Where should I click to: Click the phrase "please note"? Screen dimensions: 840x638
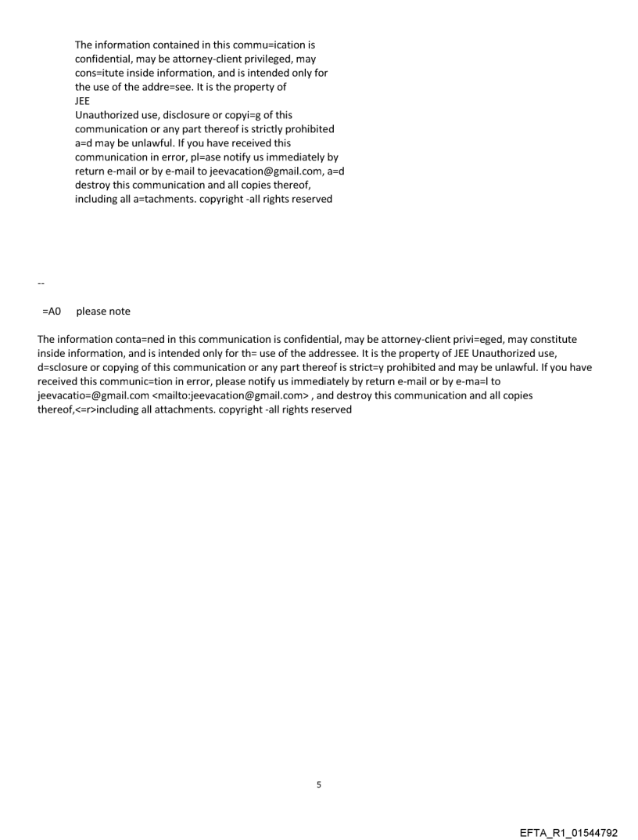[x=103, y=312]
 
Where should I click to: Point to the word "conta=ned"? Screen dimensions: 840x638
[x=134, y=339]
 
